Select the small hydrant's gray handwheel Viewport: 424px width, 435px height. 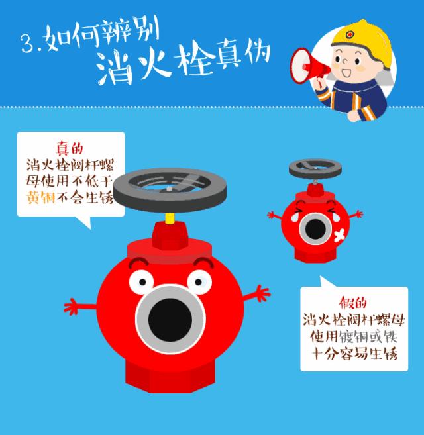pyautogui.click(x=315, y=168)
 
